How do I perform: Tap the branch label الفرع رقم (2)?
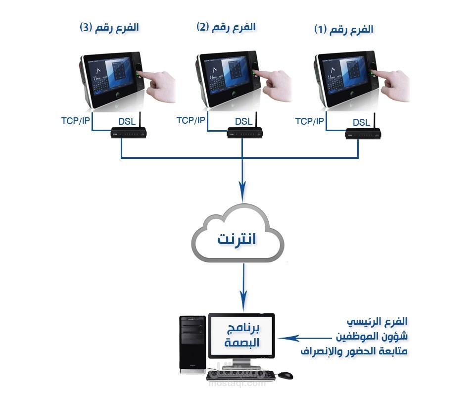click(x=226, y=27)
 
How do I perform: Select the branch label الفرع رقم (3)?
click(x=109, y=27)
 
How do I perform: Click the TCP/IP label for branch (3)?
click(x=76, y=120)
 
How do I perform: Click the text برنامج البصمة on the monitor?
click(x=241, y=335)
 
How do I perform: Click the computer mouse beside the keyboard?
click(x=285, y=375)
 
